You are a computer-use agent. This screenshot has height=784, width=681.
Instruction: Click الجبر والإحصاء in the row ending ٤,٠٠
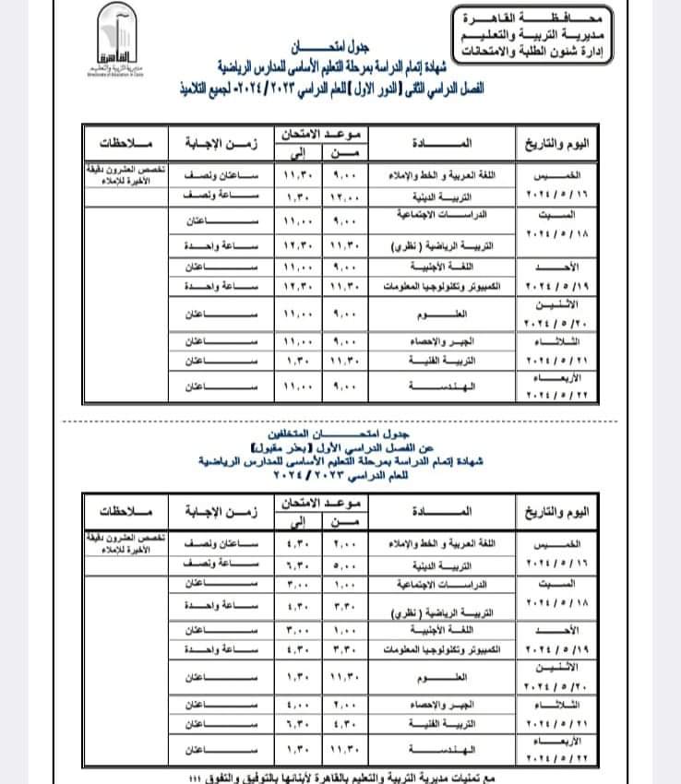pos(447,705)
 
